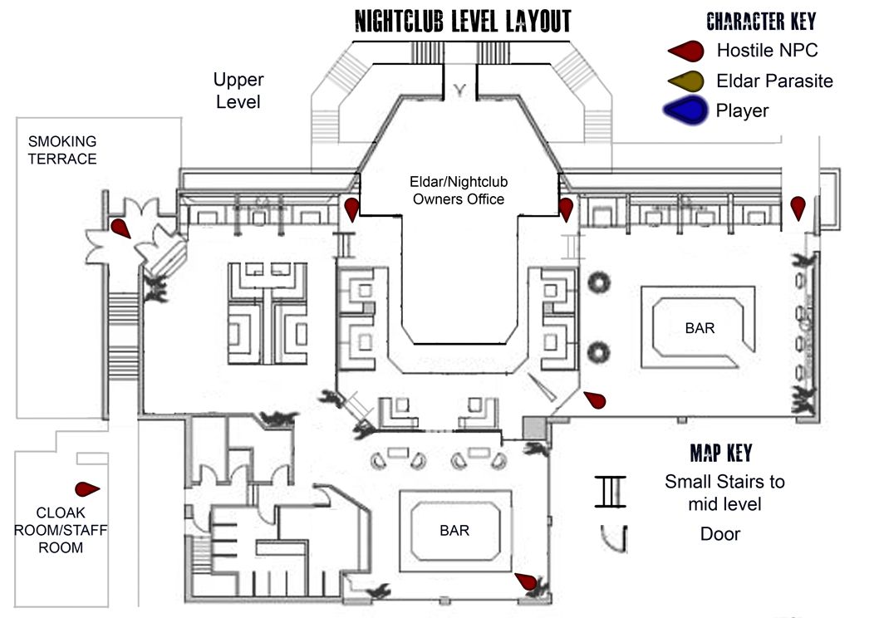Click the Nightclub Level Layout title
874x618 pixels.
463,20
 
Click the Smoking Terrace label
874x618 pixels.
62,150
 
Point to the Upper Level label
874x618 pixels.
238,91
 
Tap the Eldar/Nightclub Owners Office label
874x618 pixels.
459,190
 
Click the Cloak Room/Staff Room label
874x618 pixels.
60,530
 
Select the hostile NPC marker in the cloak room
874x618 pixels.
86,488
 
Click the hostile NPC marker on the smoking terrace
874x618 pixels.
120,228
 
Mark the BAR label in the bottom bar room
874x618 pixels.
455,531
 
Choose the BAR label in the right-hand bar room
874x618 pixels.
700,328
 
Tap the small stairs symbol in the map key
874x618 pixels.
610,491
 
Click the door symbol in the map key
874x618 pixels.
613,537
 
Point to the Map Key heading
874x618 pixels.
720,454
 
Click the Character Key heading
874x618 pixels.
760,21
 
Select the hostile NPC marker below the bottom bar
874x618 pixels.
525,581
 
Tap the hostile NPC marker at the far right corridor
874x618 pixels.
798,207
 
